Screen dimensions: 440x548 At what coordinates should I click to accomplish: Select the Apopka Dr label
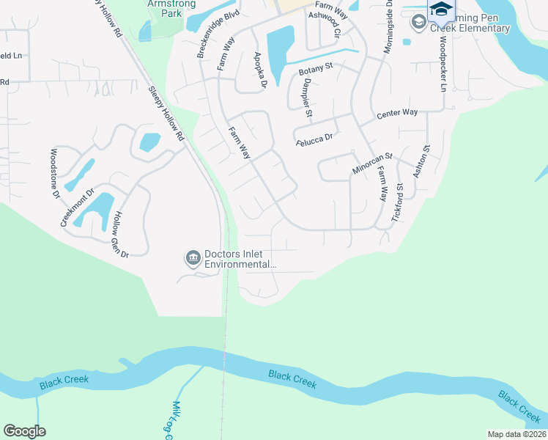tap(258, 70)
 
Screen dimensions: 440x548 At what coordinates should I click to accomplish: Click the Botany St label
tap(316, 72)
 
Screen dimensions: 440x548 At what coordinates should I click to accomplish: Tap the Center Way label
tap(396, 114)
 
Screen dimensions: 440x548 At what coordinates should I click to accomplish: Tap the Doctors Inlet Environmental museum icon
tap(193, 257)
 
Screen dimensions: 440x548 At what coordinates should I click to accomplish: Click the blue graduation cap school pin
tap(441, 10)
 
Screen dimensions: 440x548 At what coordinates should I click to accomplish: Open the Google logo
tap(24, 431)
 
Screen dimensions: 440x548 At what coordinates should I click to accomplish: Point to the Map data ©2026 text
tap(516, 434)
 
